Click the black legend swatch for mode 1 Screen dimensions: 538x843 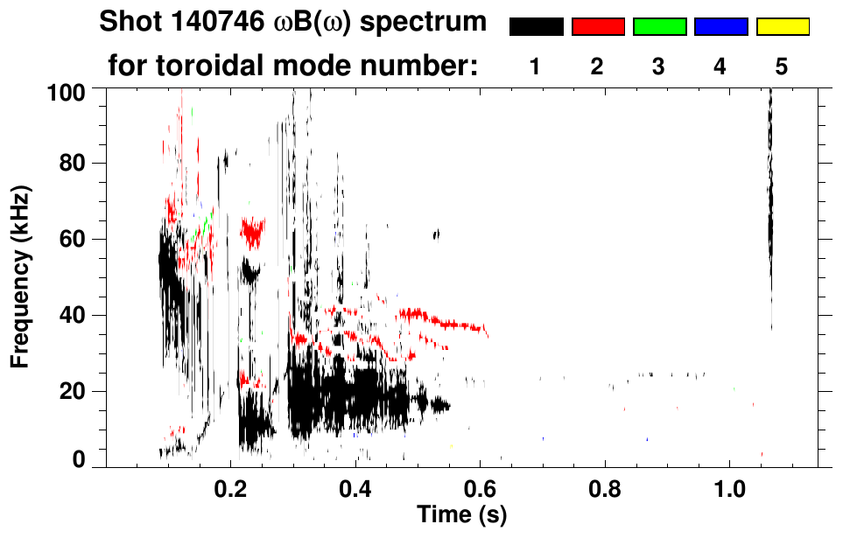click(x=536, y=27)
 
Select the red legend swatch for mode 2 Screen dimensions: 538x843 click(x=598, y=27)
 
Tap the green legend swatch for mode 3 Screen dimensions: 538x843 click(x=659, y=27)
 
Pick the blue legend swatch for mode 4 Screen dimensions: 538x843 click(x=720, y=27)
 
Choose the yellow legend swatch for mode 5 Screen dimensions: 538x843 click(x=783, y=27)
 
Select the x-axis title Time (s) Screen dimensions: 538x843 click(x=462, y=514)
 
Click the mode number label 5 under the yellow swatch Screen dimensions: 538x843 click(x=782, y=67)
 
